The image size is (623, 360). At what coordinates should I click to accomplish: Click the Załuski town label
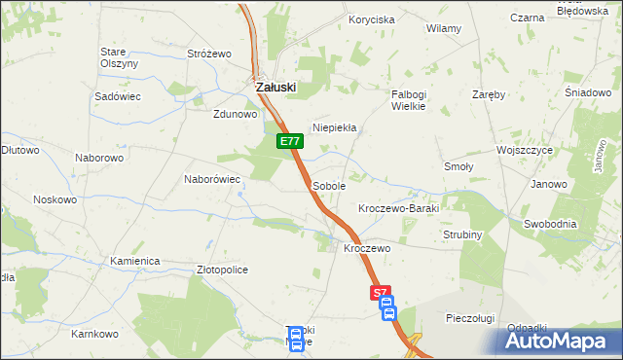[275, 87]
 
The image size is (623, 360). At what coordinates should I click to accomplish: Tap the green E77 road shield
[289, 142]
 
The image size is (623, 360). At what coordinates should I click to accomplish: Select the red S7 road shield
[382, 292]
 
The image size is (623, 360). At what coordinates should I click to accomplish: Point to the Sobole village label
[329, 185]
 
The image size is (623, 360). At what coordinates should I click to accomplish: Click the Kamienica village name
[134, 262]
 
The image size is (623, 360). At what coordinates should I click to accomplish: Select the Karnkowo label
[94, 334]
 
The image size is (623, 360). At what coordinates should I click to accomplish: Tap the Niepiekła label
[335, 127]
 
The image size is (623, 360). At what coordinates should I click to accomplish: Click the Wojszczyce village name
[525, 152]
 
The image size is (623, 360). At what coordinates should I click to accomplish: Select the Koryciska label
[372, 19]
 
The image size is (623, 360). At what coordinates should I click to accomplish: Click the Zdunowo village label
[235, 114]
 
